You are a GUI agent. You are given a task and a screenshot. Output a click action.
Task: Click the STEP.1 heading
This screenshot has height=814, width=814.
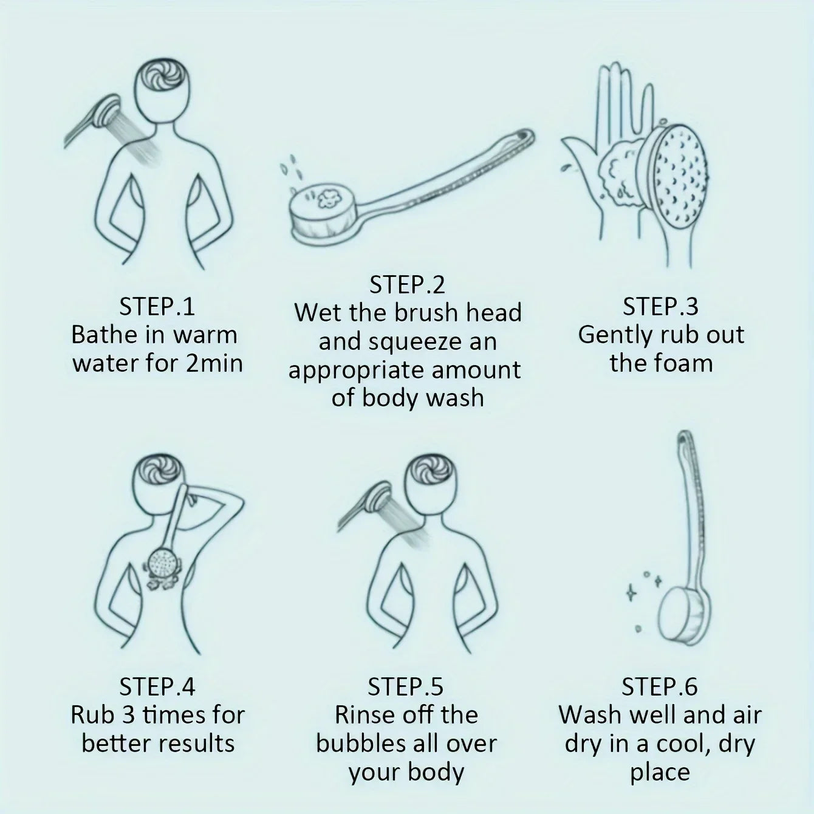pos(157,306)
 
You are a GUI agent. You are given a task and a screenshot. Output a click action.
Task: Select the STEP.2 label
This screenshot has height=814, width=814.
pos(407,285)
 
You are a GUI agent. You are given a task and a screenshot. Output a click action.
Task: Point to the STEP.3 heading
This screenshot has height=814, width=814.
pos(660,306)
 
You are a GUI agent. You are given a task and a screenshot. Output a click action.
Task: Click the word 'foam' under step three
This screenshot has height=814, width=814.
pos(686,363)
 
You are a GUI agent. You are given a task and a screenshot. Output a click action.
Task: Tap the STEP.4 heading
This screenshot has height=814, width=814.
pos(157,687)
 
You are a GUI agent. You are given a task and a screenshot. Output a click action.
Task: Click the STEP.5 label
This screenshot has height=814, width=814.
pos(406,687)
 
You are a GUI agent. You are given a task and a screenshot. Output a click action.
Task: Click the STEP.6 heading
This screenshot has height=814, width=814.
pos(659,687)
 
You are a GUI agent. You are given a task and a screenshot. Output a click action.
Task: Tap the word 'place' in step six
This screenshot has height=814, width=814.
pos(659,772)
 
